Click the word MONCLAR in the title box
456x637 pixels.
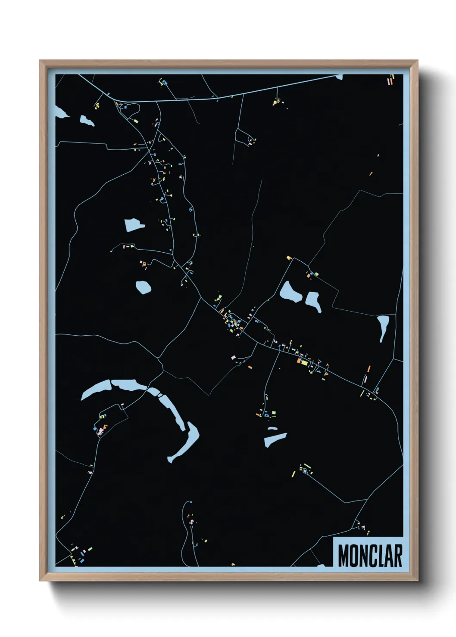click(370, 556)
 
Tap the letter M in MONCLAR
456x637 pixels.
click(343, 556)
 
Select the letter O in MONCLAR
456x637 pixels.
click(353, 556)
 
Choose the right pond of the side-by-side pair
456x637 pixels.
click(313, 300)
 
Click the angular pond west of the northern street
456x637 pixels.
click(134, 225)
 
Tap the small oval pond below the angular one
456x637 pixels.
click(143, 287)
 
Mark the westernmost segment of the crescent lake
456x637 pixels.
click(95, 390)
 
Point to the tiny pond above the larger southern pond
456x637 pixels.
click(272, 428)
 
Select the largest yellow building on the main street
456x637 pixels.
click(304, 363)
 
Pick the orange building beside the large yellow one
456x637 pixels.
click(298, 361)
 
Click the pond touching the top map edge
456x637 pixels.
click(339, 77)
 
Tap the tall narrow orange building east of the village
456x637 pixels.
click(369, 369)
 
